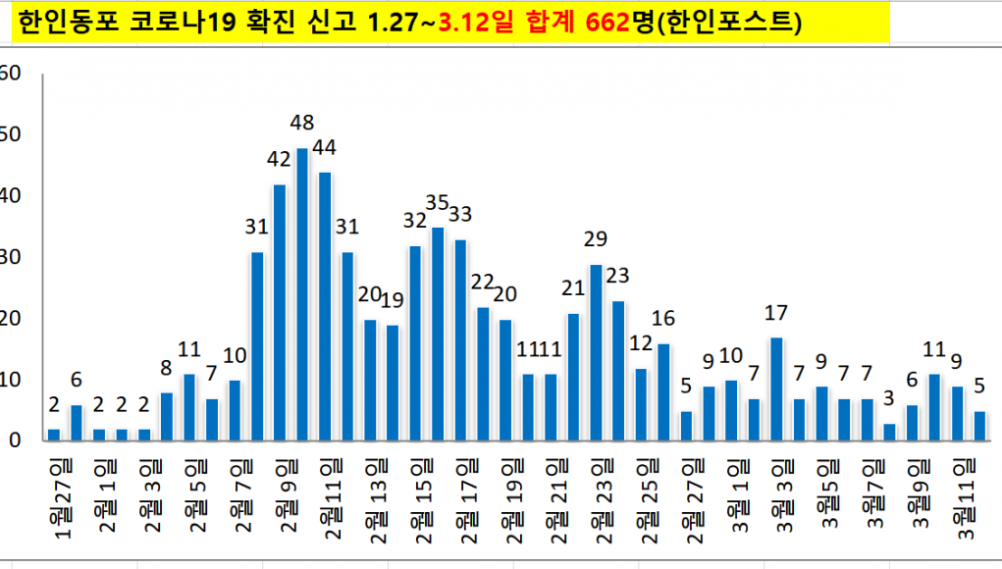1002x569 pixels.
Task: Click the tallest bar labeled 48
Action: (302, 294)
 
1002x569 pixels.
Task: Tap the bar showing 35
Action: (438, 334)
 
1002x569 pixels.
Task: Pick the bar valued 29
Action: (596, 352)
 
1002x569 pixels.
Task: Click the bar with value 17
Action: (776, 388)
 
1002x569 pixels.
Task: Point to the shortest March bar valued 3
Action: (889, 432)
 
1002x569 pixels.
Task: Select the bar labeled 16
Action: (663, 391)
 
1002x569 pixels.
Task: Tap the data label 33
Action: (460, 214)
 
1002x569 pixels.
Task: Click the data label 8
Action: (167, 369)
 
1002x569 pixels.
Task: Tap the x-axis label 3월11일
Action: (967, 495)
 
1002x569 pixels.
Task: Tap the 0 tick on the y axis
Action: (15, 440)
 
